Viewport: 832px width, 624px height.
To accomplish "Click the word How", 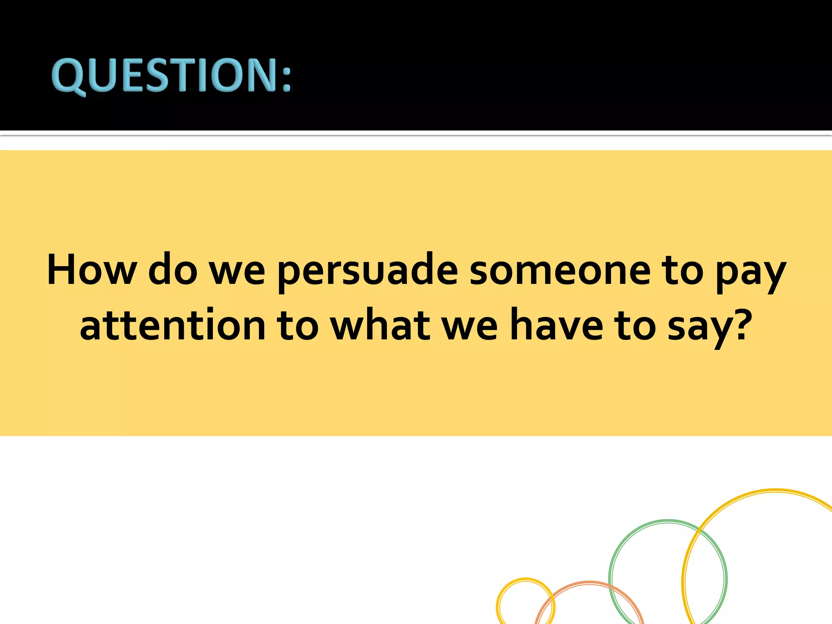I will pyautogui.click(x=92, y=270).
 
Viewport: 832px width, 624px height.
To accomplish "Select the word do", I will pyautogui.click(x=173, y=270).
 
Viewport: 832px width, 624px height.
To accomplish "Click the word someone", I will pyautogui.click(x=560, y=271).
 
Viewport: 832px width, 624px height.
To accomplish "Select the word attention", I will pyautogui.click(x=173, y=325).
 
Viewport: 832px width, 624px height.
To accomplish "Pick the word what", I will pyautogui.click(x=380, y=325).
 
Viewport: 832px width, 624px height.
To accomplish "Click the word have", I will pyautogui.click(x=557, y=325).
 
